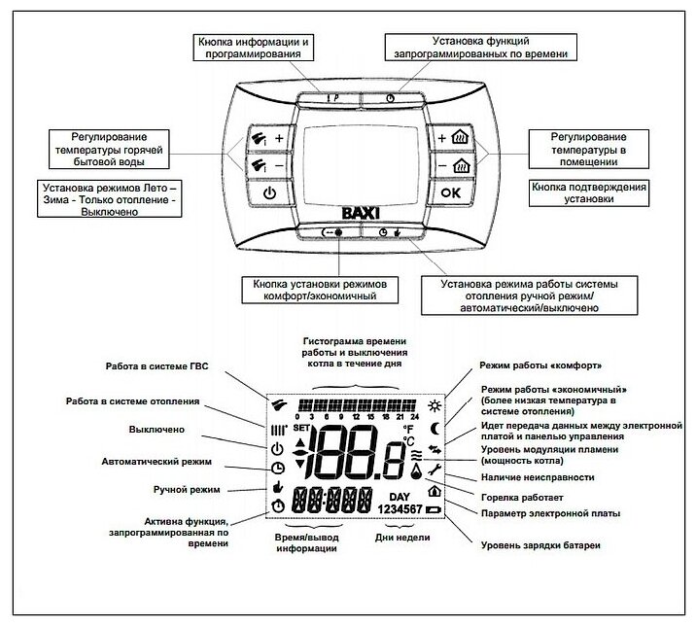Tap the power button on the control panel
coord(267,193)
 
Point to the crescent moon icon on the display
coord(435,427)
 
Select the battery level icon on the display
coord(432,509)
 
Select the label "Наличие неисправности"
coord(534,477)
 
